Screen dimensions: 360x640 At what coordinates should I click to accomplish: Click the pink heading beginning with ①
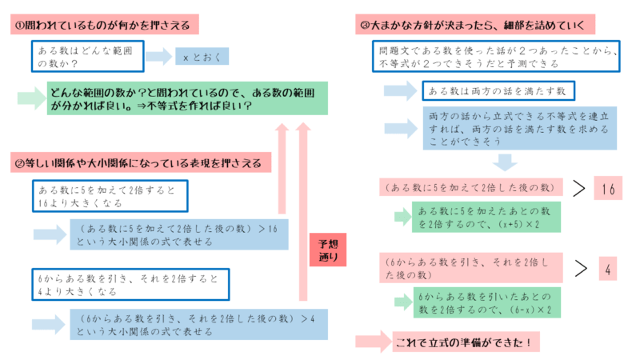click(105, 26)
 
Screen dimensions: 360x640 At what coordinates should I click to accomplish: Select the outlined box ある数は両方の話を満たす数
click(498, 89)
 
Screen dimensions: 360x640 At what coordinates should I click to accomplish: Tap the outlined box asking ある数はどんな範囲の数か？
click(88, 56)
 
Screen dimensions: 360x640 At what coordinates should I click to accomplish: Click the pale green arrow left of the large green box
click(31, 98)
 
